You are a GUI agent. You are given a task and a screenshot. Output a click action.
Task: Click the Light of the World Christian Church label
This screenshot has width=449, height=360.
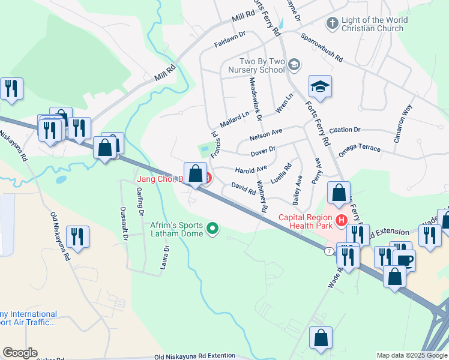(374, 24)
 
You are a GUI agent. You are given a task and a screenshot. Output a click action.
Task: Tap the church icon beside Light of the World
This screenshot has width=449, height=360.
(331, 23)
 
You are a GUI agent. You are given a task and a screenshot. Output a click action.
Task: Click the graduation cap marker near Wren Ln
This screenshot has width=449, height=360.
(320, 87)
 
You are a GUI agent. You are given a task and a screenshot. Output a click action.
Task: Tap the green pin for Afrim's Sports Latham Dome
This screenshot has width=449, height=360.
(212, 228)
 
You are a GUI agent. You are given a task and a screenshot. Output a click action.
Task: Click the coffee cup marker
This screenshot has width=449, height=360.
(404, 259)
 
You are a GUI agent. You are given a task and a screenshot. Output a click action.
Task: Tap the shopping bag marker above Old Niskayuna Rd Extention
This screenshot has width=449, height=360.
(321, 339)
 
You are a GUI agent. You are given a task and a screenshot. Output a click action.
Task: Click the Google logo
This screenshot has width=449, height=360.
(20, 353)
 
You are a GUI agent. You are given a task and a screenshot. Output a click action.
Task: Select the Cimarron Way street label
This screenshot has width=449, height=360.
(408, 119)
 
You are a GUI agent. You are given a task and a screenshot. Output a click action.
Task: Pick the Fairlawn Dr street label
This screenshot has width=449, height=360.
(230, 40)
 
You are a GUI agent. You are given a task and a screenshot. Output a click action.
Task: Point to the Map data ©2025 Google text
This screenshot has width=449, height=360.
(412, 355)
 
